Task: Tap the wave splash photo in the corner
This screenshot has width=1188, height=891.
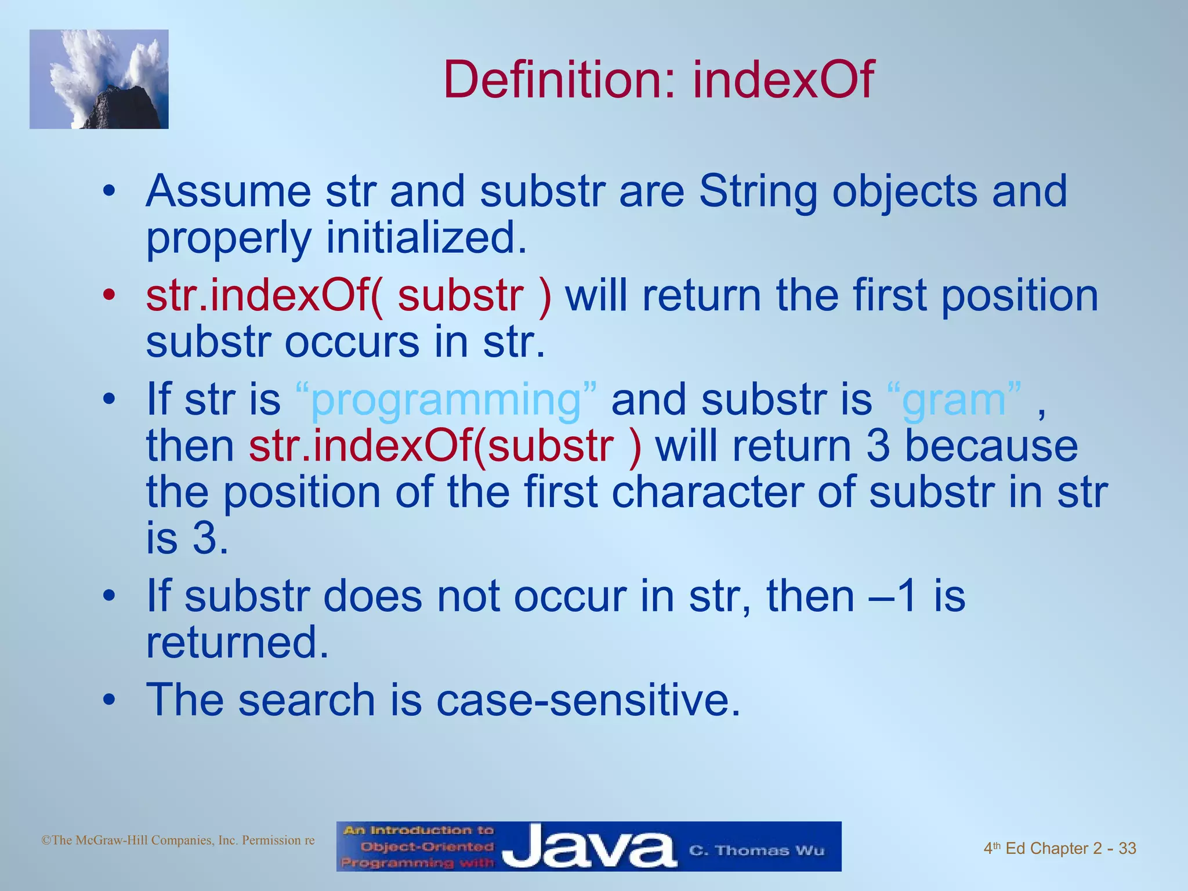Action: point(99,79)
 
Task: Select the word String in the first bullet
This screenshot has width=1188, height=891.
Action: point(758,191)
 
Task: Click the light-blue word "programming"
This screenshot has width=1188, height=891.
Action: point(445,400)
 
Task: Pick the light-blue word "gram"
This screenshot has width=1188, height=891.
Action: point(954,400)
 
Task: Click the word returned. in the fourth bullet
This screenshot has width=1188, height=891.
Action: point(237,643)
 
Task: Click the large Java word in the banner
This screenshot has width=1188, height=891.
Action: point(589,847)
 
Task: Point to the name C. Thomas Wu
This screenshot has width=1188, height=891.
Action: point(756,850)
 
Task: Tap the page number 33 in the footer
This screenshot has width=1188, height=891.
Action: point(1127,849)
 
